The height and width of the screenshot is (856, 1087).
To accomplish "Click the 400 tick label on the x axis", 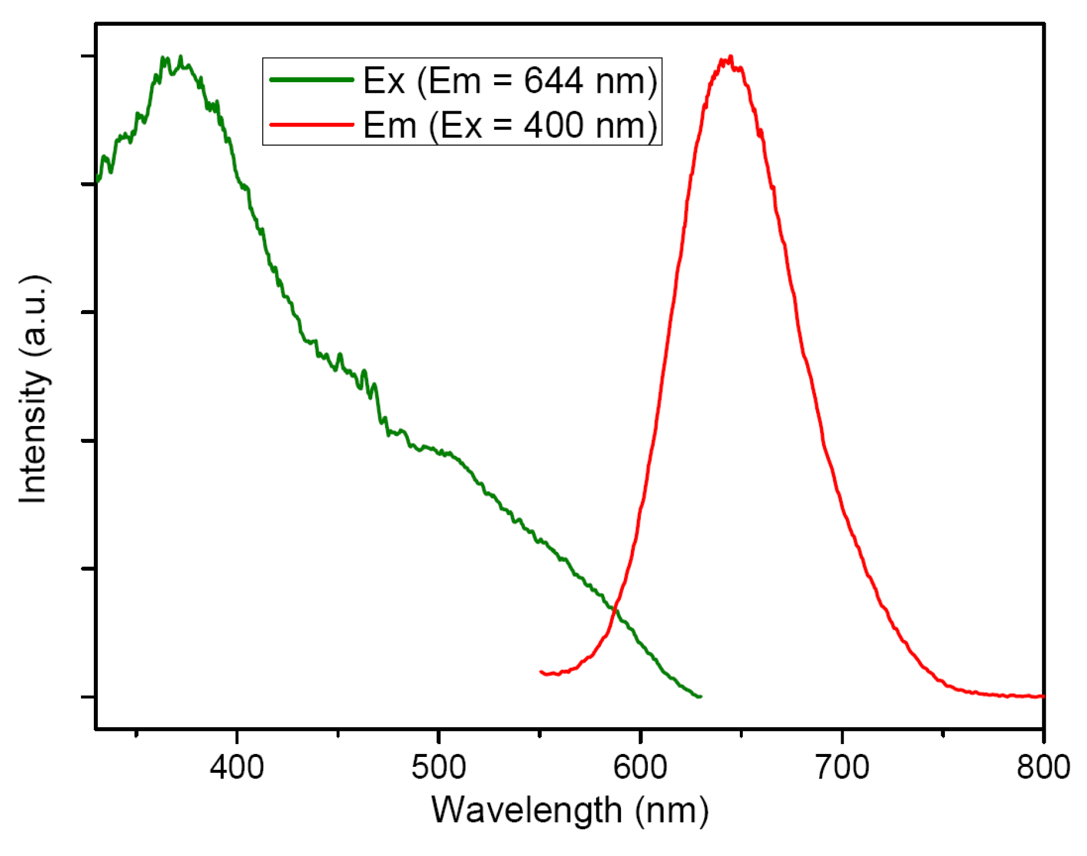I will [237, 767].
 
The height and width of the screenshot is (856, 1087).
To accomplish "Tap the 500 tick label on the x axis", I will [438, 767].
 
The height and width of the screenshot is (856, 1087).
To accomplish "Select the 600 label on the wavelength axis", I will [640, 767].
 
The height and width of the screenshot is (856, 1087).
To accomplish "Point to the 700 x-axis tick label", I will [842, 767].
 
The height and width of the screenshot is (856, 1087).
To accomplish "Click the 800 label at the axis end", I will [1043, 767].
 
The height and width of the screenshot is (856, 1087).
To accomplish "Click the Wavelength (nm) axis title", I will [569, 811].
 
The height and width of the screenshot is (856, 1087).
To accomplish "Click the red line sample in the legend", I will [312, 124].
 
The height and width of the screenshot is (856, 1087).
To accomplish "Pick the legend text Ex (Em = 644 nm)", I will [510, 80].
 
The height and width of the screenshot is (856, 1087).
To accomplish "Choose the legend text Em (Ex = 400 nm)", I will [510, 125].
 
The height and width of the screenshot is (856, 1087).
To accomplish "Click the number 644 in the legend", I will [553, 80].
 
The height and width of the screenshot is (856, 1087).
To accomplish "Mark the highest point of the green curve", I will [180, 57].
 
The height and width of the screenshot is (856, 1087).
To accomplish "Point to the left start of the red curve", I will [541, 672].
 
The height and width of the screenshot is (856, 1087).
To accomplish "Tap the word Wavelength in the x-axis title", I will [526, 811].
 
